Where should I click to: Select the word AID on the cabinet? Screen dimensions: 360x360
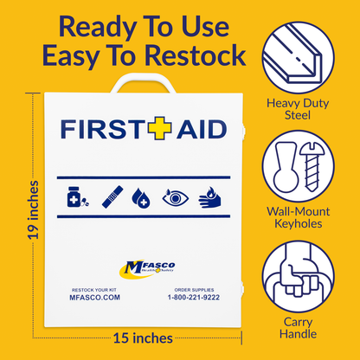(x=200, y=129)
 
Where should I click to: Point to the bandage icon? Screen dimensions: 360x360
(x=110, y=197)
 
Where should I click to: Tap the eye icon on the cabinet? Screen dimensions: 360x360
(x=174, y=197)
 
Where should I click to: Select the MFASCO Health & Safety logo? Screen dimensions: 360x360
(x=143, y=269)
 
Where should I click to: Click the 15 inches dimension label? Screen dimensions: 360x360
(x=144, y=337)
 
